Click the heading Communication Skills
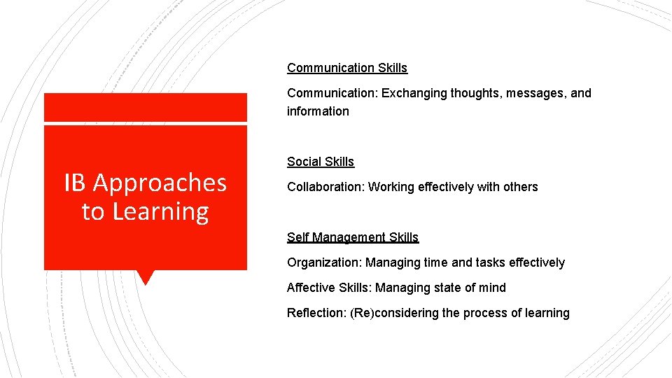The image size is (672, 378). coord(346,68)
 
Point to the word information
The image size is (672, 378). coord(318,111)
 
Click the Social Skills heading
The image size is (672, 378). coord(321,162)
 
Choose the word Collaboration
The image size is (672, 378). coord(325,187)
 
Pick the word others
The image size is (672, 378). coord(521,187)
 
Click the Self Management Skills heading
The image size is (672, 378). coord(353,237)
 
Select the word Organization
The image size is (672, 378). coord(324,262)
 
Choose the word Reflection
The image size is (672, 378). coord(315,313)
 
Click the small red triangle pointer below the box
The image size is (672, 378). coord(146,276)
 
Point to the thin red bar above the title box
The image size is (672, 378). coord(146,107)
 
